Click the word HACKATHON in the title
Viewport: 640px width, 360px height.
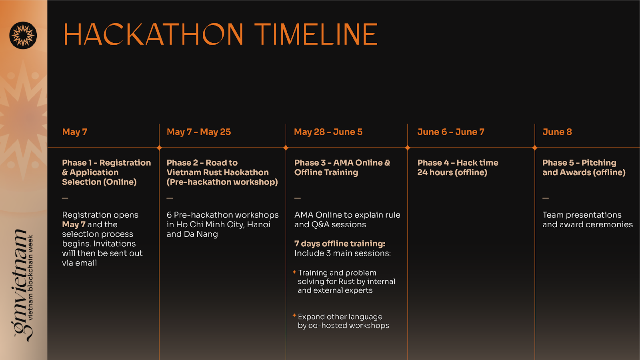click(x=154, y=34)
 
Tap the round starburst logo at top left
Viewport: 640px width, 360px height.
click(x=23, y=36)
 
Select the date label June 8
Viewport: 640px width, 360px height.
click(x=557, y=132)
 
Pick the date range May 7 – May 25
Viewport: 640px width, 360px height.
click(x=198, y=132)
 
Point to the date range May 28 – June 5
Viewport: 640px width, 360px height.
click(x=328, y=132)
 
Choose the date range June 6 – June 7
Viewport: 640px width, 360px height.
click(x=451, y=132)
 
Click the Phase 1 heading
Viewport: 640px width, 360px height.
click(x=106, y=172)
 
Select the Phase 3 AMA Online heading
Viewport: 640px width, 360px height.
click(x=342, y=168)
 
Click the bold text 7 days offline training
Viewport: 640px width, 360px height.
click(x=340, y=244)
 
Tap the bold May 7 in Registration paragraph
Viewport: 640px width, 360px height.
click(x=74, y=224)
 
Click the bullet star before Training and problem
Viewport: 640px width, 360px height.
click(x=294, y=272)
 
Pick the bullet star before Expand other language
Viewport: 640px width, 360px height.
click(x=294, y=316)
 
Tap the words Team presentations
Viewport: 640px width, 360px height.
click(x=582, y=215)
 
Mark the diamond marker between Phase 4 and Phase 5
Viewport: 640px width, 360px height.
click(x=535, y=148)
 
